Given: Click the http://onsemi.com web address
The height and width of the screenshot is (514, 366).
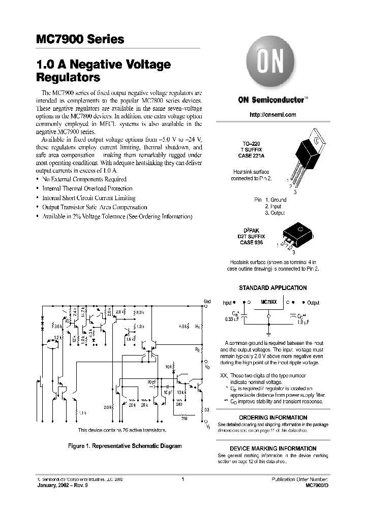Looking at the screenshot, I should [x=273, y=115].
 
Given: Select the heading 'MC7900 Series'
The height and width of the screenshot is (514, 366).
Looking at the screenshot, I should [x=80, y=40].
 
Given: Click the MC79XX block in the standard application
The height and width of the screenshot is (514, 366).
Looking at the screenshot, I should [x=268, y=302].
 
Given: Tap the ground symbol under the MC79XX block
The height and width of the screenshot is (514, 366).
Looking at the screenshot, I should [x=268, y=322].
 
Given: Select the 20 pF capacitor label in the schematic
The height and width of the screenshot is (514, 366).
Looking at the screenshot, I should [x=152, y=381].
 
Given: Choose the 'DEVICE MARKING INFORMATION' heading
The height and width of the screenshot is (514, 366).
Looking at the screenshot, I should [x=273, y=448].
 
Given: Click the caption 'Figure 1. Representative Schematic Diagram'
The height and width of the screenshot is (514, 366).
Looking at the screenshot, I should [x=125, y=446].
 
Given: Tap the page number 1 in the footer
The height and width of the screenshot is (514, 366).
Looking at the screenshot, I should [x=182, y=479].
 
